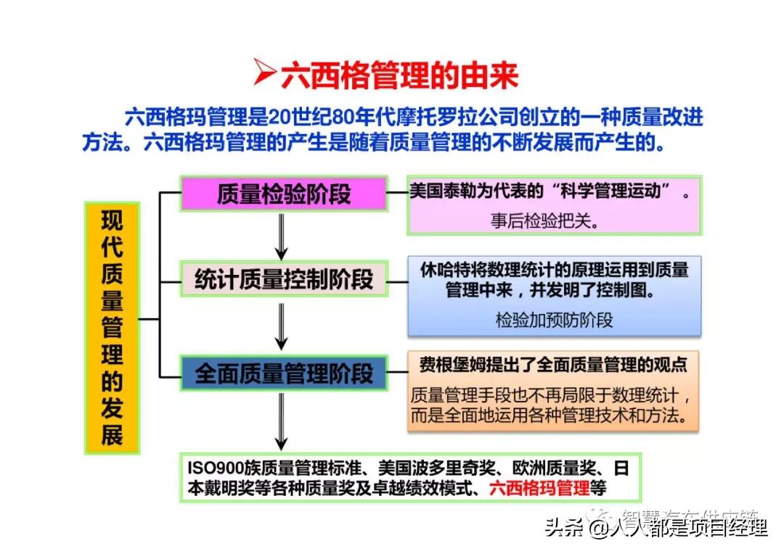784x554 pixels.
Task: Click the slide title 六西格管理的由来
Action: [x=400, y=75]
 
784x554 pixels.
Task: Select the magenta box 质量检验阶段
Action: [x=283, y=194]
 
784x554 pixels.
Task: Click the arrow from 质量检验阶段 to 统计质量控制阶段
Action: [x=282, y=236]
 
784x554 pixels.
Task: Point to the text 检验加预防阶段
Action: [x=554, y=320]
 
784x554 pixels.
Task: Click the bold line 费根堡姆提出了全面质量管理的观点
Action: [x=552, y=364]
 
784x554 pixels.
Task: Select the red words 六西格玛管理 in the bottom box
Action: [x=539, y=488]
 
